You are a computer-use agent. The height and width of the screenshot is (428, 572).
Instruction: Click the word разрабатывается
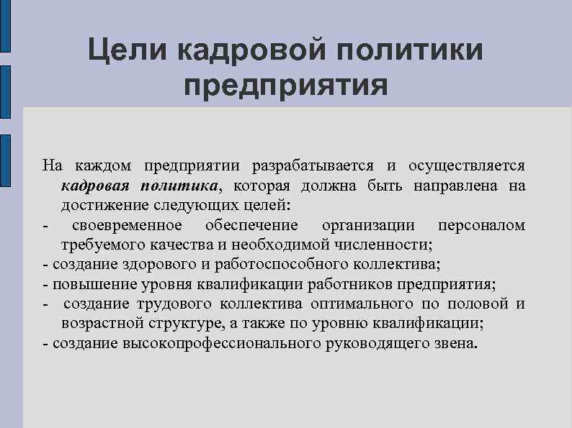coord(311,166)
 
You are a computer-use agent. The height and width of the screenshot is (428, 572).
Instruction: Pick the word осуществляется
coord(467,166)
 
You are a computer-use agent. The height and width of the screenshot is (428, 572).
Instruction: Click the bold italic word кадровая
coord(95,186)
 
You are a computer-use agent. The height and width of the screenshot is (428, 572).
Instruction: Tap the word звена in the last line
coord(453,343)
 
